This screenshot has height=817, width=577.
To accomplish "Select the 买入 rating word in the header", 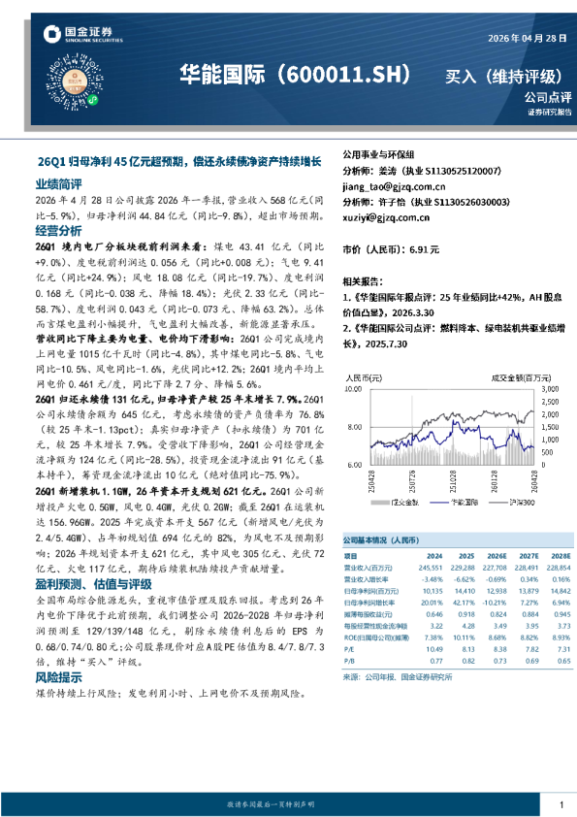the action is pos(462,77).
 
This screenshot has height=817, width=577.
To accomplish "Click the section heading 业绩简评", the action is pos(58,182).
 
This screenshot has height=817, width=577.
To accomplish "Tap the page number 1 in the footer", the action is pos(561,804).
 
